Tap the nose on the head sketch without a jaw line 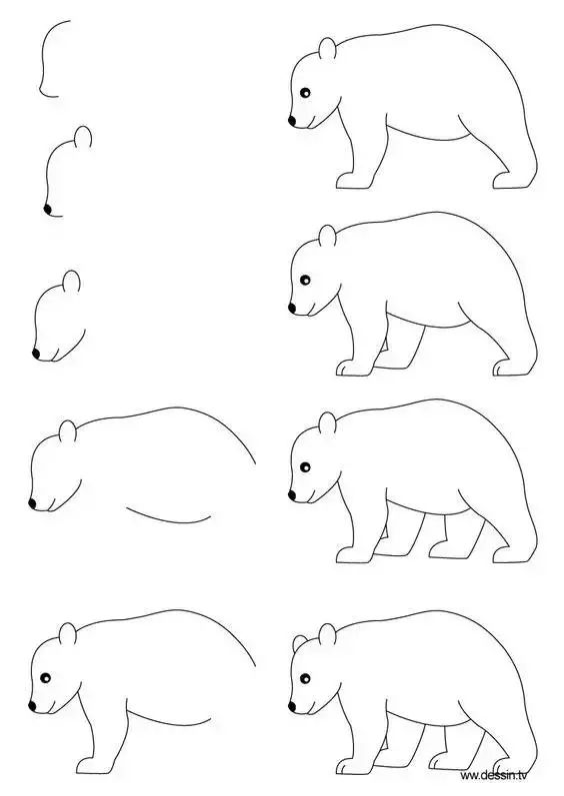[47, 208]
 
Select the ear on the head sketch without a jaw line [85, 138]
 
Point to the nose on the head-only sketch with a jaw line [37, 354]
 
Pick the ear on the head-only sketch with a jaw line [71, 281]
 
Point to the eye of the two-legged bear [304, 94]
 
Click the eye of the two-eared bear [305, 679]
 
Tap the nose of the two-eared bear [293, 706]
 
